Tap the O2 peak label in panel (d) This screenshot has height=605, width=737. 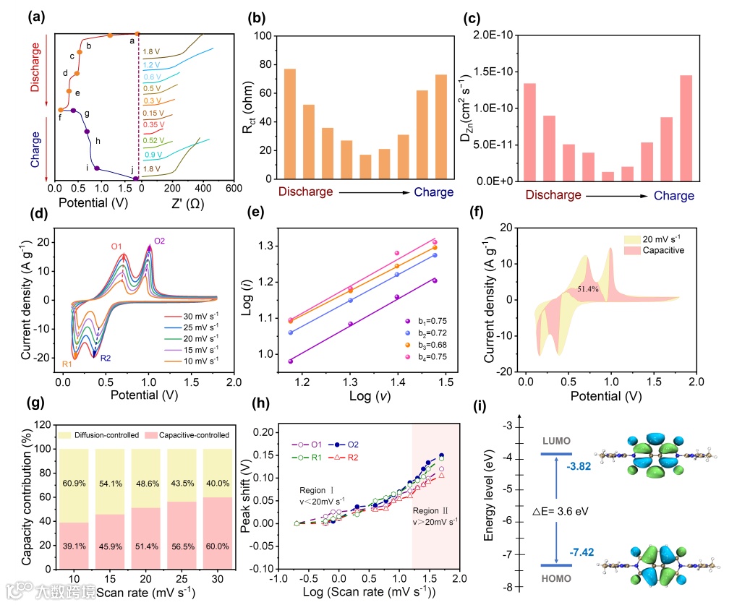pos(159,241)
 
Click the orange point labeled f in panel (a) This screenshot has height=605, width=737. pos(61,110)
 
